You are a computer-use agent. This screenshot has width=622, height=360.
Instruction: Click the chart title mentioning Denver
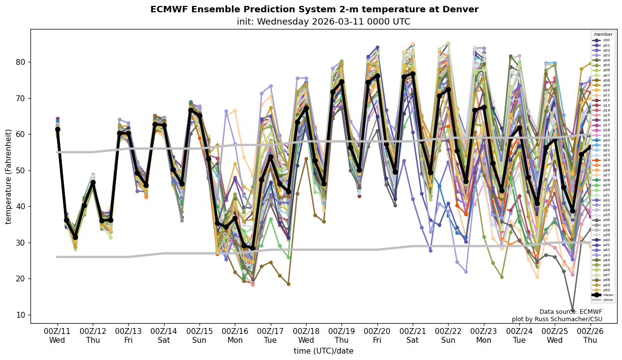coord(314,9)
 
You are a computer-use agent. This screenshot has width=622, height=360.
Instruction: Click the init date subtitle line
coord(323,22)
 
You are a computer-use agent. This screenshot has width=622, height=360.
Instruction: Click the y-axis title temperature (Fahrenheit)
coord(8,176)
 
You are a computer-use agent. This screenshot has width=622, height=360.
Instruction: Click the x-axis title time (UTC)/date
coord(323,351)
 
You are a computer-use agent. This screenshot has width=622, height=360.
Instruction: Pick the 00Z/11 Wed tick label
coord(57,335)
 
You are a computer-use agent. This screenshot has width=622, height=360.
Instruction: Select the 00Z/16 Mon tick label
coord(235,335)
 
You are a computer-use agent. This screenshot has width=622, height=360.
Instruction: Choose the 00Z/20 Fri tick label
coord(377,335)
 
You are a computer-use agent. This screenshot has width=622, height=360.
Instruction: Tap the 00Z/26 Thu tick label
coord(590,335)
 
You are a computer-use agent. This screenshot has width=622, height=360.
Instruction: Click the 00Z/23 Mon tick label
coord(484,335)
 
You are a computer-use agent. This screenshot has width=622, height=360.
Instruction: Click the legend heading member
coord(603,34)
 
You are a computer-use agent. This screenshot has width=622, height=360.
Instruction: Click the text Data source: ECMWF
coord(570,312)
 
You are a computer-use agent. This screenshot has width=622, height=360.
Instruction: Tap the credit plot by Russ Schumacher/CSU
coord(557,319)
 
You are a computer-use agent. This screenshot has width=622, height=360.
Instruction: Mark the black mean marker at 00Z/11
coord(57,129)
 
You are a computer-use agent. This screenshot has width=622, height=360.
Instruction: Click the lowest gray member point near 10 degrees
coord(572,310)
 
